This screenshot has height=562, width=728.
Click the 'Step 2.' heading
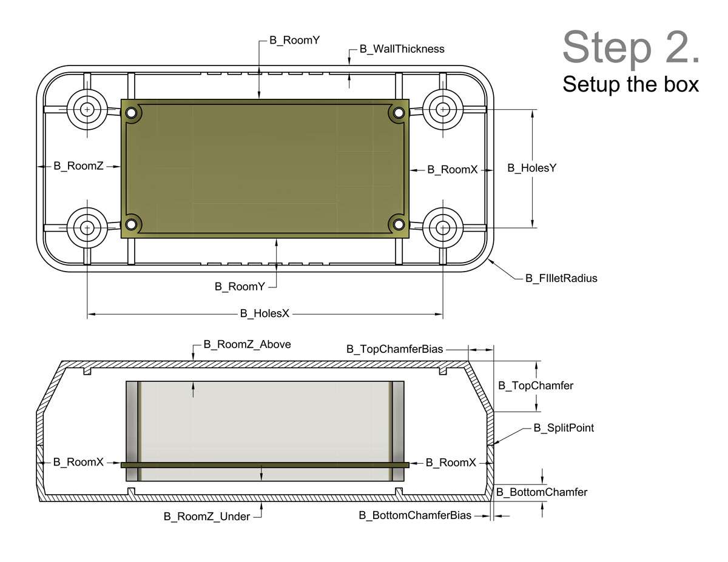(x=631, y=47)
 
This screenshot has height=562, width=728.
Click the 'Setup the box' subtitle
(x=630, y=84)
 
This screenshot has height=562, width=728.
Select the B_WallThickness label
(x=402, y=49)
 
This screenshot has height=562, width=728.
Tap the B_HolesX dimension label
(x=265, y=313)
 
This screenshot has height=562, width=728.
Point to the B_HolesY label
(x=531, y=168)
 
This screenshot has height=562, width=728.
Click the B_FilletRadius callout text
(x=561, y=278)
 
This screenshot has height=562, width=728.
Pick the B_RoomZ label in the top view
(x=78, y=166)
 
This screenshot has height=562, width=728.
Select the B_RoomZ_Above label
(x=247, y=344)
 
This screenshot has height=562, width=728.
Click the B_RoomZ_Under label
(x=207, y=517)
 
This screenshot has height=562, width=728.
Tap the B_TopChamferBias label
(x=394, y=349)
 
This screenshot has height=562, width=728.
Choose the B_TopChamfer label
(x=536, y=385)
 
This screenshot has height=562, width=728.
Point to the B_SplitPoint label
(x=564, y=428)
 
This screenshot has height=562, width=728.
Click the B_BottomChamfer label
(x=542, y=492)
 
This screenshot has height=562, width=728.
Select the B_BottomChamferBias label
(x=415, y=516)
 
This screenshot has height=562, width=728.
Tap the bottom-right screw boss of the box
(x=443, y=228)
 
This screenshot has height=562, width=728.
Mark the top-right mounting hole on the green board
(x=399, y=113)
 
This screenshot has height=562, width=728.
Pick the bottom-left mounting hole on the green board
(x=132, y=224)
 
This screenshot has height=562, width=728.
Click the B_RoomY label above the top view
(x=294, y=41)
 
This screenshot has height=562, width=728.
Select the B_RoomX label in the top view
(x=452, y=170)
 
